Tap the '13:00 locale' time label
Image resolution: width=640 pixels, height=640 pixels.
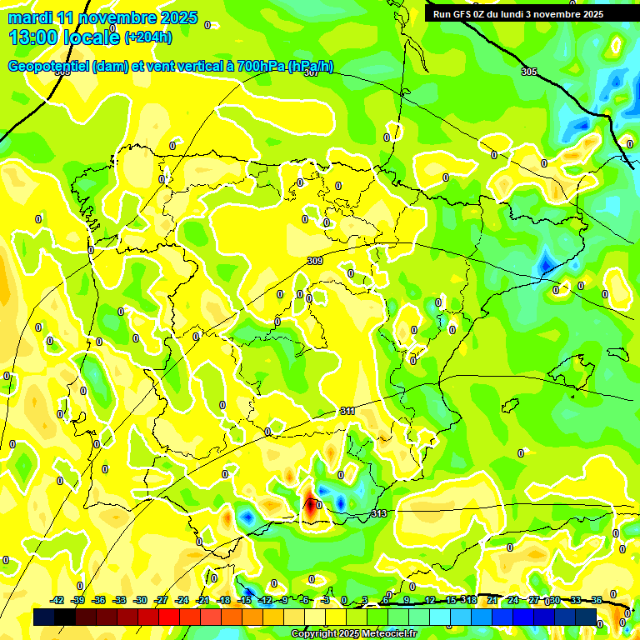coord(64,37)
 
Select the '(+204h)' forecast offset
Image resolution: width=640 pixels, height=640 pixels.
coord(148,37)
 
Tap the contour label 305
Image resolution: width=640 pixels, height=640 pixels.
coord(528,72)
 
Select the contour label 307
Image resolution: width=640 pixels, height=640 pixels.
coord(312,72)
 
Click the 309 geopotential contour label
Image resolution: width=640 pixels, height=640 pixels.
coord(315,261)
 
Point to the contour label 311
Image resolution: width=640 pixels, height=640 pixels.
coord(348,412)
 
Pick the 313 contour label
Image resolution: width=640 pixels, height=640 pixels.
coord(379,513)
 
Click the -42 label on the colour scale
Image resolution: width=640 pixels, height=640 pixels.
coord(57,600)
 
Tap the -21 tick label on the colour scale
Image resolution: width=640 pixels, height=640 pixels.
coord(202,600)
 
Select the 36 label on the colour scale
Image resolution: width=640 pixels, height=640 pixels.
coord(597,600)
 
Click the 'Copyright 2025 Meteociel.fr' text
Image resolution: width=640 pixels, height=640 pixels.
coord(353,634)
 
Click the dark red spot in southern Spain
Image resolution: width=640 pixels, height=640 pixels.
coord(310,504)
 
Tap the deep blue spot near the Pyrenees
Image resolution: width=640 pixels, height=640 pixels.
coord(546,263)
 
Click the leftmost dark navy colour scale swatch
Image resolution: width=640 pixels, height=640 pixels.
coord(44,617)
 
